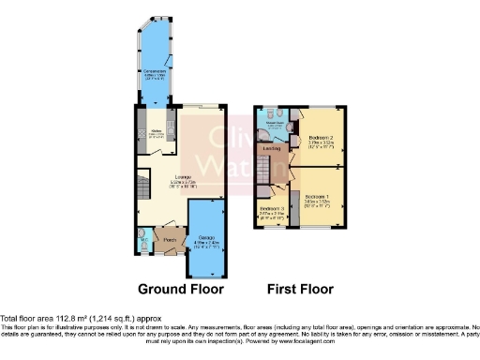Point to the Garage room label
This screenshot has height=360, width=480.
click(206, 239)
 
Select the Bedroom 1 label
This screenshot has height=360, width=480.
click(322, 198)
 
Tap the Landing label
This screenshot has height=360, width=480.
click(275, 147)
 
